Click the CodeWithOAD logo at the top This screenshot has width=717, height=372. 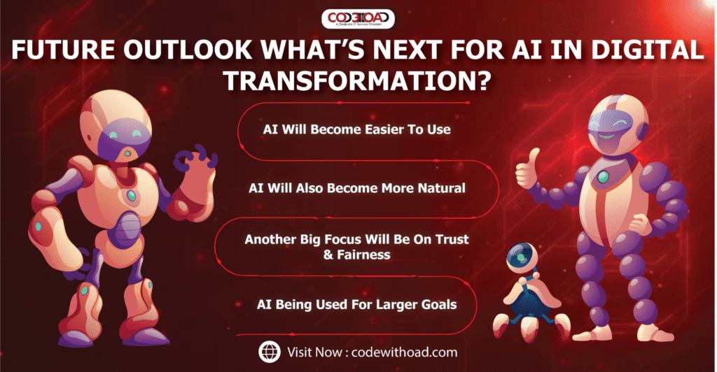(358, 19)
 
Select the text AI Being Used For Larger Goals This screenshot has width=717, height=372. (357, 304)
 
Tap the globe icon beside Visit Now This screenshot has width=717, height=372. (269, 350)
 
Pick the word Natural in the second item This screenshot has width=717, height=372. (445, 188)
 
